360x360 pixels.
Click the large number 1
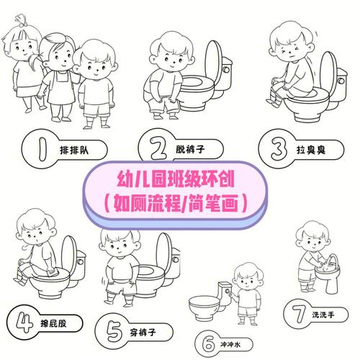click(42, 149)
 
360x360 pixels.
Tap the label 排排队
click(74, 150)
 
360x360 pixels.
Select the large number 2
click(158, 148)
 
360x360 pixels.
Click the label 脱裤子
click(190, 149)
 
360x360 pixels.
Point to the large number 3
click(279, 149)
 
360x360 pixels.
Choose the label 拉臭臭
click(311, 150)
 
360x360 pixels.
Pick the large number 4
click(24, 322)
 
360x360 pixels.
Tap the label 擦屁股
click(53, 324)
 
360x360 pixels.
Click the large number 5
click(114, 331)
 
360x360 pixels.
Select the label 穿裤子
click(143, 333)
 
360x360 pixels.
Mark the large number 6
click(208, 344)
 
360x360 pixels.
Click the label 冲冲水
click(230, 345)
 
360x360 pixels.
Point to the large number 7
click(298, 313)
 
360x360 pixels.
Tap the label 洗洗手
click(323, 315)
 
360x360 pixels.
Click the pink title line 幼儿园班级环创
click(176, 179)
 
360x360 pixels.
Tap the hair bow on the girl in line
click(21, 21)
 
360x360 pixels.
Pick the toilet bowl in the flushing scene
click(204, 307)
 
